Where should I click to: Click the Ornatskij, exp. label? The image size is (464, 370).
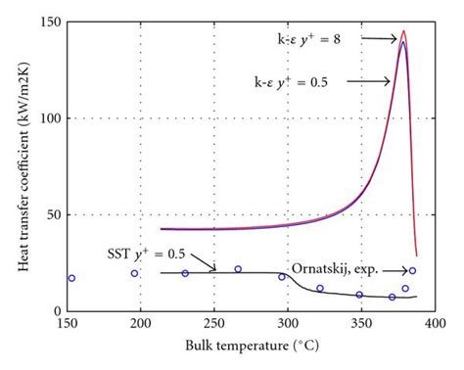[332, 270]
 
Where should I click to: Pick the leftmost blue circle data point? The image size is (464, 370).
[71, 278]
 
